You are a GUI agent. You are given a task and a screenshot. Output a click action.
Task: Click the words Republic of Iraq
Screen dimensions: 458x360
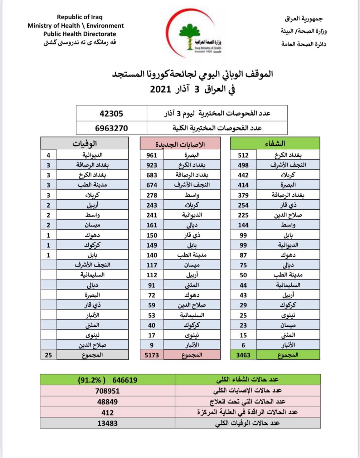point(79,17)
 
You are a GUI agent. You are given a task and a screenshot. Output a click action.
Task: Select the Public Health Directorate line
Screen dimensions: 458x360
point(79,34)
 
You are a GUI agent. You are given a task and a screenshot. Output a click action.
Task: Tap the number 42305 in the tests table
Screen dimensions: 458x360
point(111,113)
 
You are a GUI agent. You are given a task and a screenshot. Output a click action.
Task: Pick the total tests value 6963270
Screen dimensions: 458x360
point(111,128)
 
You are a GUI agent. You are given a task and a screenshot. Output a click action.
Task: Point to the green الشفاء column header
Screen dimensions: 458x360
point(275,143)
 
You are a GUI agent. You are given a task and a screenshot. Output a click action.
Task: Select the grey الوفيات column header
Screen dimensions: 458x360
point(84,143)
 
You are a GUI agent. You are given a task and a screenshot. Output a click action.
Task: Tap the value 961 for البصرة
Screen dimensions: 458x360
point(151,155)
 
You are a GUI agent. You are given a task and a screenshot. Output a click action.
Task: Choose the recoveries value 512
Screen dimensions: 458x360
point(243,155)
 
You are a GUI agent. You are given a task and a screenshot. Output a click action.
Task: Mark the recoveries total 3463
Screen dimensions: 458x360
point(243,355)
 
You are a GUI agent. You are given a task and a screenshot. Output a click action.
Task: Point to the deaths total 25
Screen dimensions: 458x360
point(48,355)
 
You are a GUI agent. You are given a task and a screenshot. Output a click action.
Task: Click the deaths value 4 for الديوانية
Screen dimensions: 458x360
point(48,155)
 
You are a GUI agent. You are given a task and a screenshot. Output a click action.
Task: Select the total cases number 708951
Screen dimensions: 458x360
point(107,391)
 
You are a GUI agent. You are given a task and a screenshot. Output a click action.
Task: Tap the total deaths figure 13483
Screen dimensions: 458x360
point(107,423)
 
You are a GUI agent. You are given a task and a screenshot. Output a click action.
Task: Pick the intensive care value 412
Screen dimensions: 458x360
point(107,412)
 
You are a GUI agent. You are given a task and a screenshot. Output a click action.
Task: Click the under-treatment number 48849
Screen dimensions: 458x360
point(107,401)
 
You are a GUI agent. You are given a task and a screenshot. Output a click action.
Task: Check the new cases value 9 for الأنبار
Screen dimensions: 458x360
point(151,345)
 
